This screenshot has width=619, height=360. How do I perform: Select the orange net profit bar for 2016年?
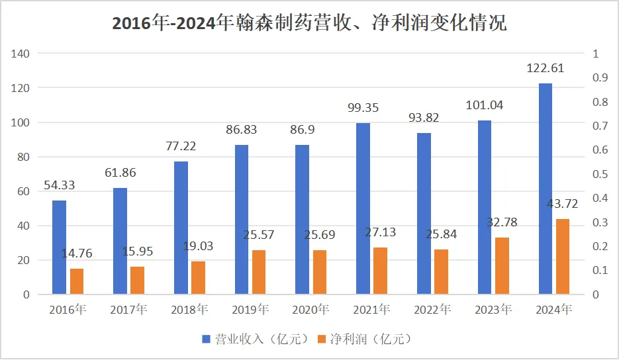point(77,281)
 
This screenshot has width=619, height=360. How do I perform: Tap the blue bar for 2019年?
point(241,219)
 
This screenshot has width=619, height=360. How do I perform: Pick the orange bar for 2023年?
point(502,265)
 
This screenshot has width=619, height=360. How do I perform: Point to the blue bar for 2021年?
point(363,208)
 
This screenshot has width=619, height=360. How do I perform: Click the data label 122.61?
point(545,68)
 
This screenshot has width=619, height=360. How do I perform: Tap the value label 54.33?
point(60,186)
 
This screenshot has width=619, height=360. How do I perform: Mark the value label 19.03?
point(197,246)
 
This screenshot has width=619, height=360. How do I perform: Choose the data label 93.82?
point(423,118)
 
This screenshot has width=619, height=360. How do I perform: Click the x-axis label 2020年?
point(310,309)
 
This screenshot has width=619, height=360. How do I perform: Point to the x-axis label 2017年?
point(128,309)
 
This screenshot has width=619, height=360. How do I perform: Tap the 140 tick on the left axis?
point(21,54)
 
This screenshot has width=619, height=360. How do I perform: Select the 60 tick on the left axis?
point(24,191)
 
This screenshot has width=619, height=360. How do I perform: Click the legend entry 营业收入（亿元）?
point(256,339)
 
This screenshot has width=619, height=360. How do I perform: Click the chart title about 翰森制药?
point(309,23)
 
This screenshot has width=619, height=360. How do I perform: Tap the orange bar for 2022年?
point(441,271)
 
